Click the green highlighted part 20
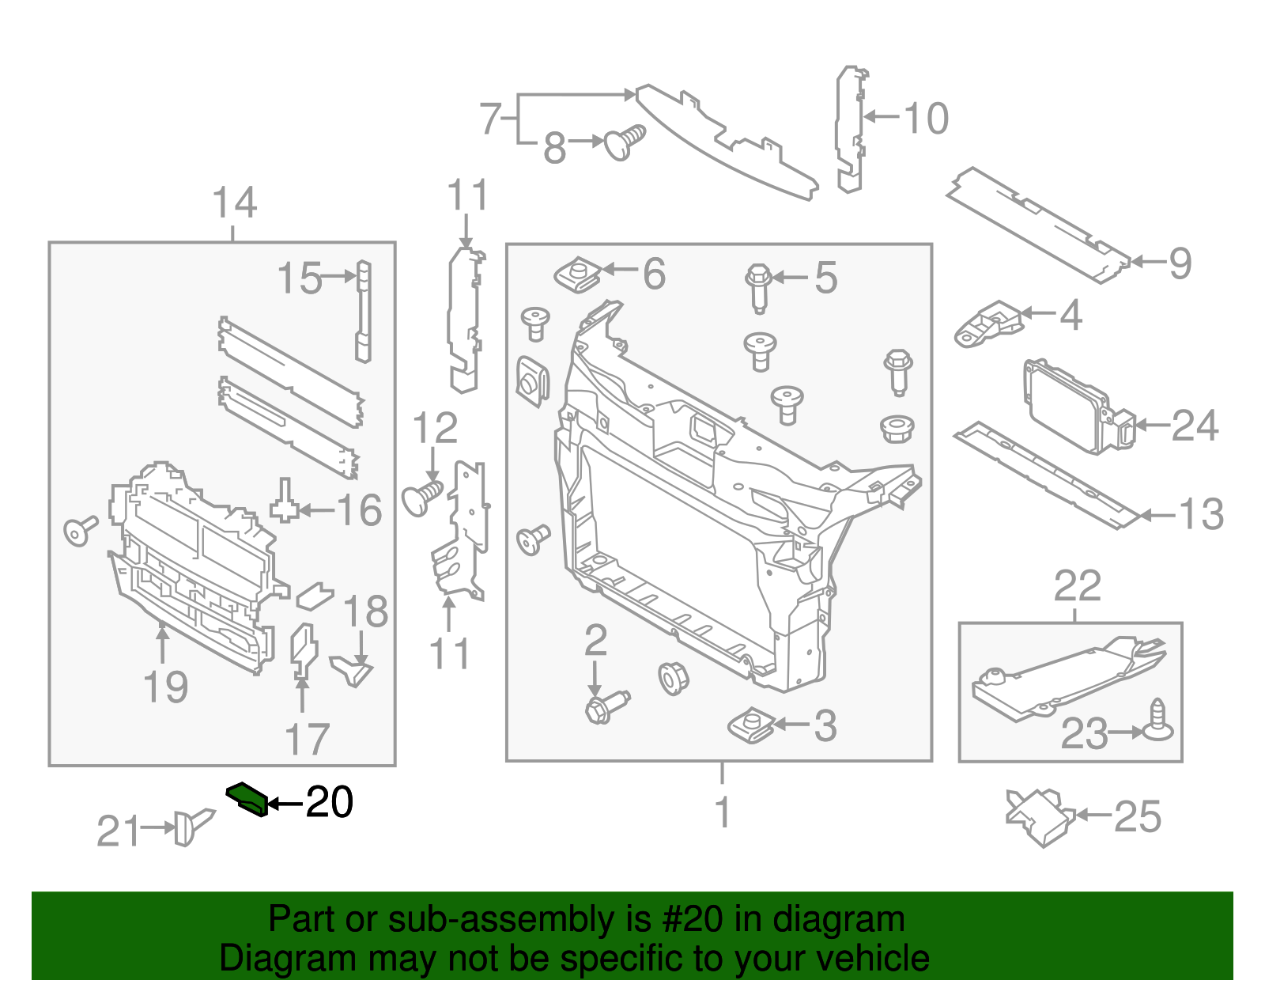point(246,799)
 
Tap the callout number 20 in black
point(329,803)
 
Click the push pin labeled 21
point(192,826)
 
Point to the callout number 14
point(235,203)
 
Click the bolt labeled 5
point(758,287)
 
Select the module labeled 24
point(1077,407)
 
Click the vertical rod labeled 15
point(363,311)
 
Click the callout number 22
point(1077,587)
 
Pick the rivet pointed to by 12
point(422,498)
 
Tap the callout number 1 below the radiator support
point(723,812)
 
